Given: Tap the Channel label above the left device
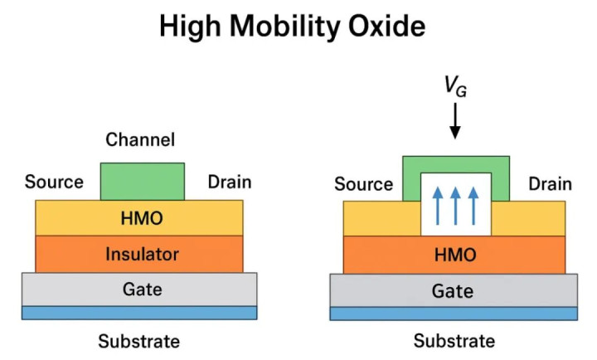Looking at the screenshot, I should click(140, 140).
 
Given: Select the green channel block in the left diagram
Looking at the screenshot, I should click(143, 181).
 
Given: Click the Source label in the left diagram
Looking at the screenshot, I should click(55, 182).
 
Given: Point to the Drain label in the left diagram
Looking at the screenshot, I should click(229, 182).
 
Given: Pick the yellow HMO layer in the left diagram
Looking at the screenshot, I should click(139, 217).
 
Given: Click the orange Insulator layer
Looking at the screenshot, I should click(139, 254).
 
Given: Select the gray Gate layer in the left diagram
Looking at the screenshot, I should click(139, 289).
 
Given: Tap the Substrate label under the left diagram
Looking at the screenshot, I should click(139, 341).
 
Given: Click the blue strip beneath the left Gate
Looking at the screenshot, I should click(139, 313).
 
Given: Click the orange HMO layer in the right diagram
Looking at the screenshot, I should click(454, 255).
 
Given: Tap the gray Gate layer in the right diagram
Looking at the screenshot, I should click(454, 290).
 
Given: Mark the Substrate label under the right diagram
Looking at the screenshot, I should click(454, 341).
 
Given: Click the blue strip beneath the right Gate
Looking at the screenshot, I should click(454, 314).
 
